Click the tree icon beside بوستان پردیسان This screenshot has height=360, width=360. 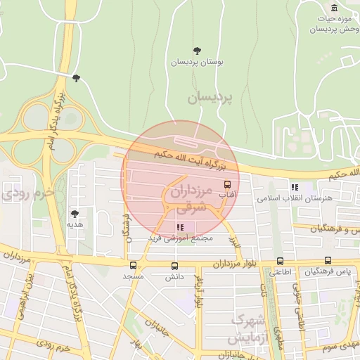[x=197, y=50]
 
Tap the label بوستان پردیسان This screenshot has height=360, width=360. [x=198, y=62]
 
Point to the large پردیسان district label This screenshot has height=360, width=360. [x=209, y=99]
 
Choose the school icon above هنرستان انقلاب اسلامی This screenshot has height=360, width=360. [x=295, y=187]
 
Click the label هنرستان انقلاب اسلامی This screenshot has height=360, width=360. [x=293, y=199]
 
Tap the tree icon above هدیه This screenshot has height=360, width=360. [x=75, y=213]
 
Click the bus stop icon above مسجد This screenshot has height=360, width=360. [x=134, y=265]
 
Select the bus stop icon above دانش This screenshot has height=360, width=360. [x=174, y=266]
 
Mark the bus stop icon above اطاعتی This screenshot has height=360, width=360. [x=281, y=261]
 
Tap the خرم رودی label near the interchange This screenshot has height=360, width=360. [x=29, y=191]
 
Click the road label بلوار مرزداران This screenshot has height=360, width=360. [x=224, y=264]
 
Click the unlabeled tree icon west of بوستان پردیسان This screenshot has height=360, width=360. [x=76, y=77]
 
